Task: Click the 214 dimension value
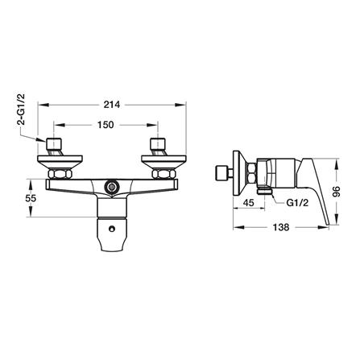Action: tap(112, 105)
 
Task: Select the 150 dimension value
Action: tap(106, 125)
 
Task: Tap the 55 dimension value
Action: tap(31, 198)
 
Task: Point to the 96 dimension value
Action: tap(337, 192)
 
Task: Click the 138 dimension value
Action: tap(281, 227)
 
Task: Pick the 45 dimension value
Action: tap(248, 203)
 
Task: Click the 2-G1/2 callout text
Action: tap(21, 110)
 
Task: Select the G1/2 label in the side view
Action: tap(297, 203)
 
